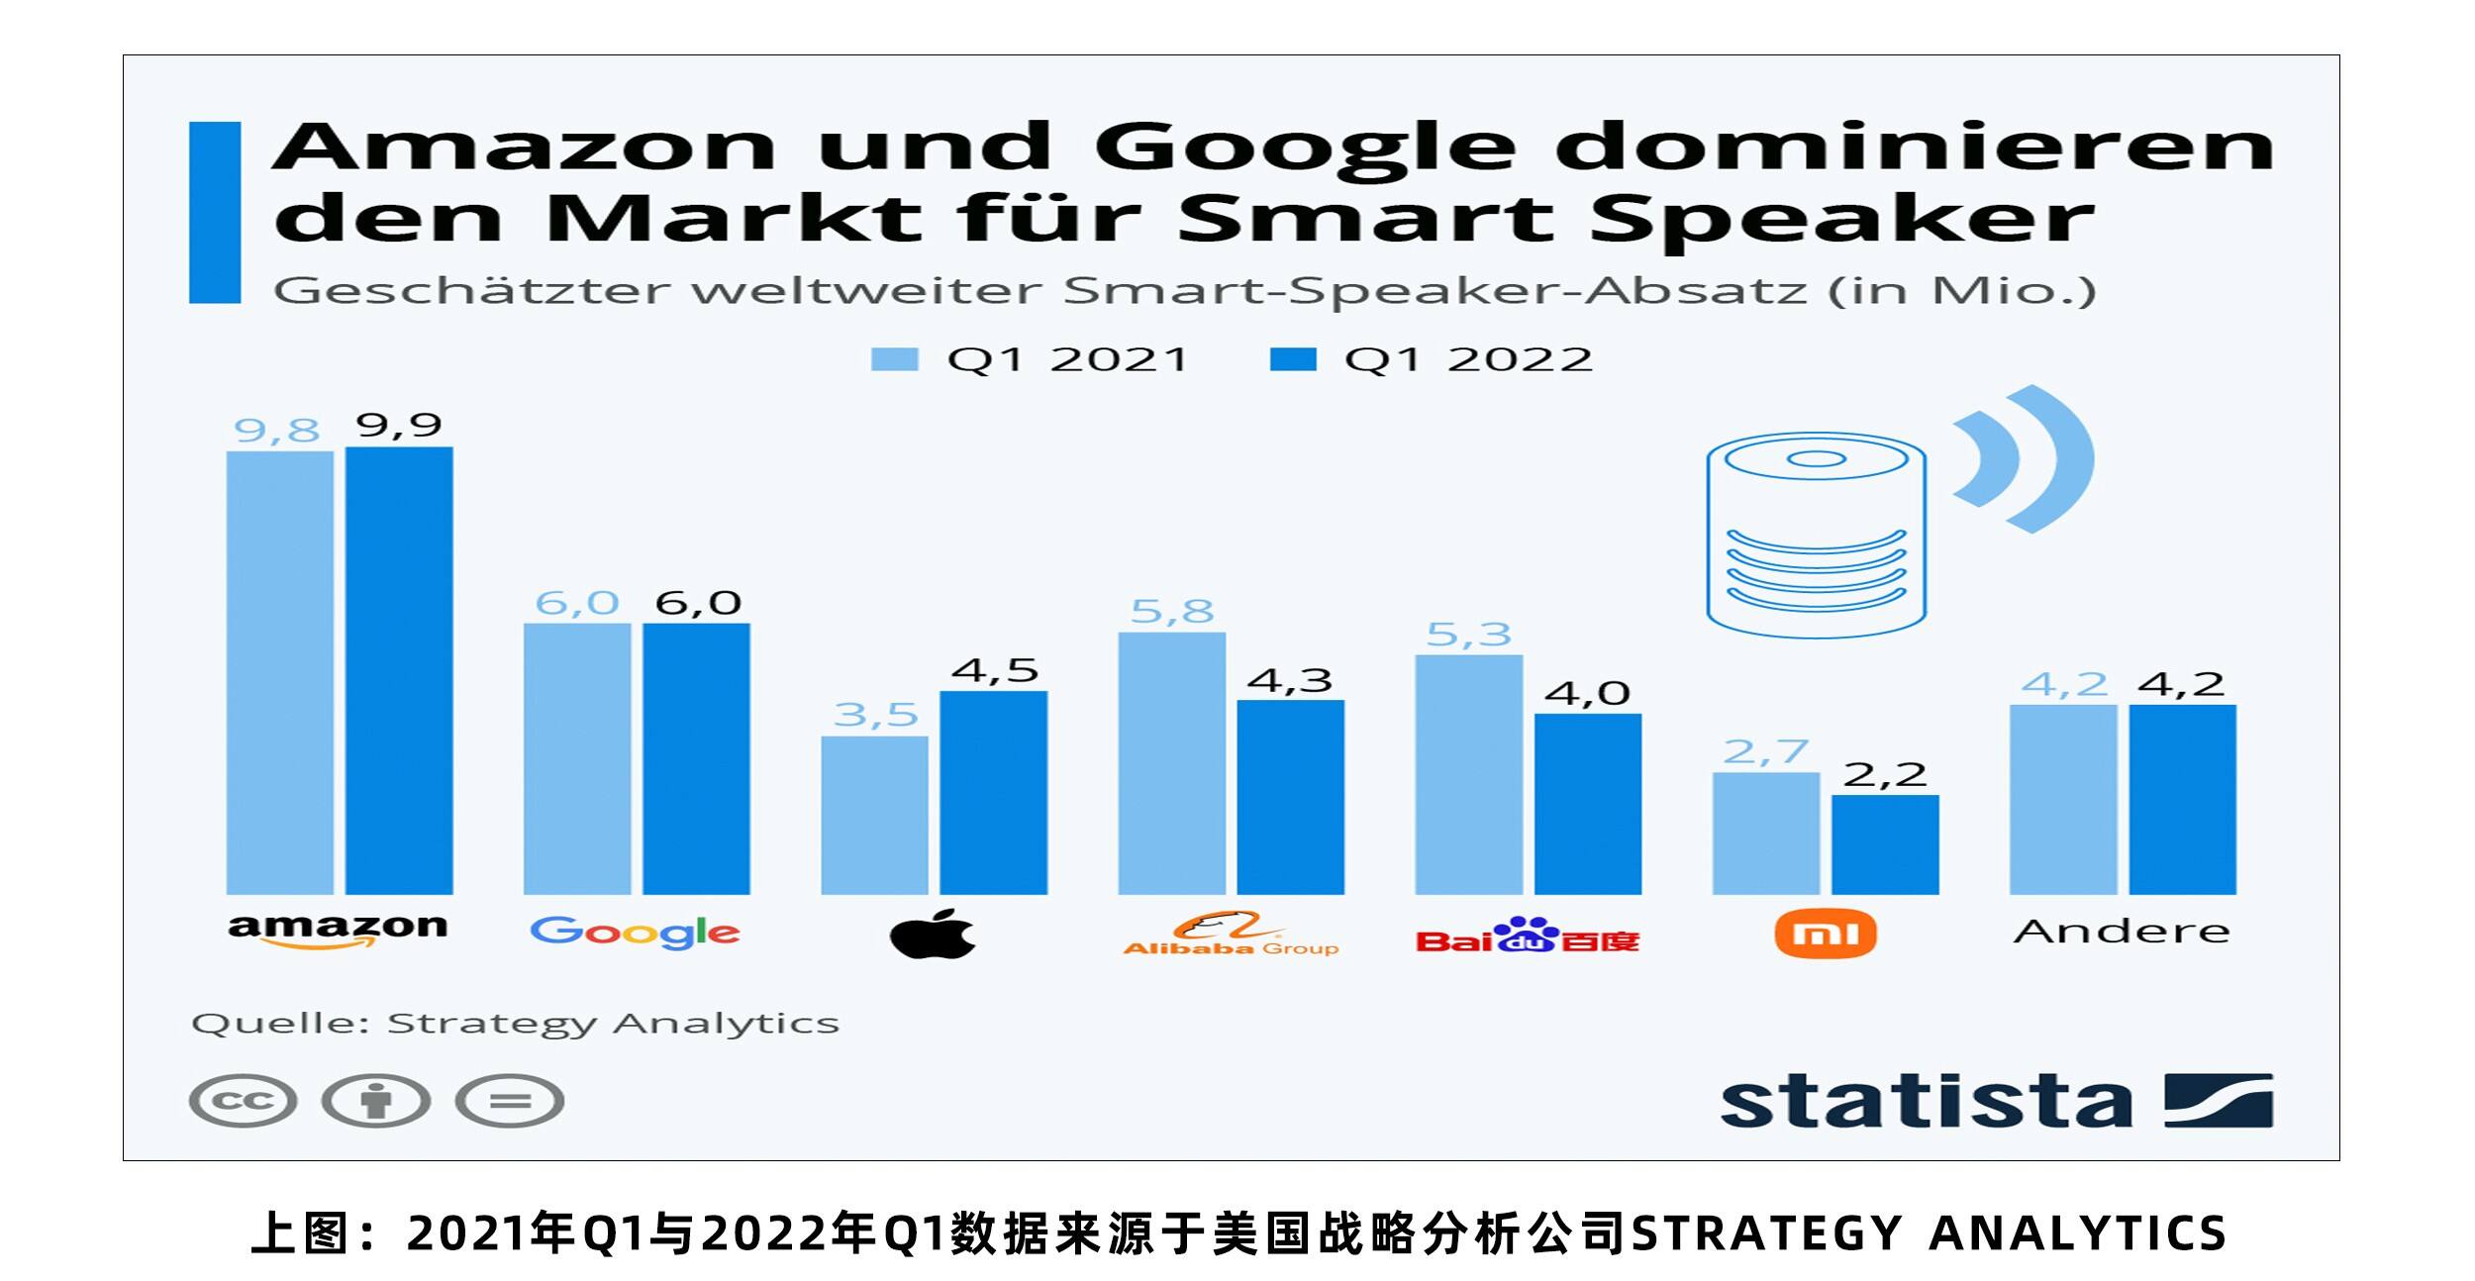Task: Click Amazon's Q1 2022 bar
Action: [x=399, y=670]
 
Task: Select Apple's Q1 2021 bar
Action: [x=874, y=815]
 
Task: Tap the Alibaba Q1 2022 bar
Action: [x=1291, y=797]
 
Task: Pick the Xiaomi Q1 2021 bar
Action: [x=1766, y=834]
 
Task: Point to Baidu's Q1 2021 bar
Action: [x=1469, y=774]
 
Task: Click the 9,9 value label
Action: [x=399, y=426]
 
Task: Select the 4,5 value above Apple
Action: [x=995, y=671]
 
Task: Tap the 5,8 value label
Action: [x=1172, y=612]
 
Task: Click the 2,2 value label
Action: [x=1885, y=774]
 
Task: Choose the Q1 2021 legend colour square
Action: [x=894, y=359]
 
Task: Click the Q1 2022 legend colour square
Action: [x=1293, y=359]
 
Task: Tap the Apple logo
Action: [x=933, y=933]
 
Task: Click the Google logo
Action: [x=635, y=933]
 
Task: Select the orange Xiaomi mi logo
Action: [x=1826, y=934]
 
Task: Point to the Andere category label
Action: [x=2122, y=932]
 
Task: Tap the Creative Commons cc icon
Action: [x=244, y=1101]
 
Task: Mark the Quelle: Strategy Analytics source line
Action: [x=515, y=1024]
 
